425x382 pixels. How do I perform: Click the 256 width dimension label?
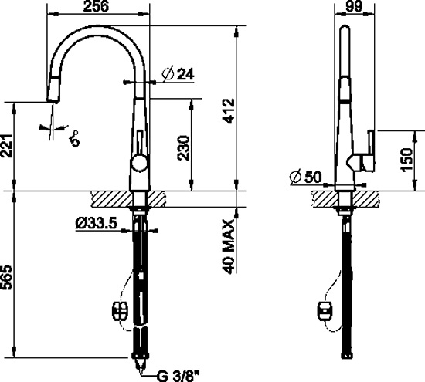pyautogui.click(x=96, y=6)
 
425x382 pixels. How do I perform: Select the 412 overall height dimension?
pyautogui.click(x=228, y=111)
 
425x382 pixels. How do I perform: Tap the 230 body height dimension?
pyautogui.click(x=183, y=148)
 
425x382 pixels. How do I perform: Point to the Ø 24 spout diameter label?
pyautogui.click(x=178, y=74)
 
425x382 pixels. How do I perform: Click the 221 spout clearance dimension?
pyautogui.click(x=6, y=145)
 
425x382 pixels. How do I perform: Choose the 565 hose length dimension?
pyautogui.click(x=6, y=277)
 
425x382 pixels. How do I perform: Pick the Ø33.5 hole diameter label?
pyautogui.click(x=97, y=223)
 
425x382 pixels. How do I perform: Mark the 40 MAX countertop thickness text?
pyautogui.click(x=228, y=246)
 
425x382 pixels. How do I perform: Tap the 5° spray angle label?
pyautogui.click(x=74, y=139)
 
